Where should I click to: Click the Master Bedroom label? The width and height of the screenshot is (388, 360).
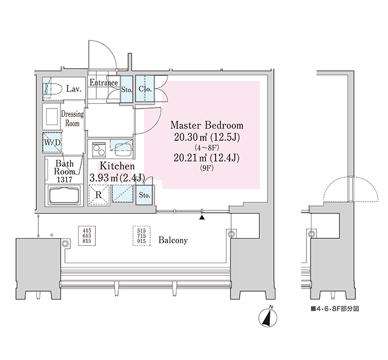point(207,125)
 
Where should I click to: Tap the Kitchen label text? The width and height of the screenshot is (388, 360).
point(117,166)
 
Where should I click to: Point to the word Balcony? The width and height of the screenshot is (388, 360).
point(173,240)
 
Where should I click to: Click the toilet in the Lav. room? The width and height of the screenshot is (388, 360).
point(52,89)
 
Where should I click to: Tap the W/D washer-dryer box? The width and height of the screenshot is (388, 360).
point(52,142)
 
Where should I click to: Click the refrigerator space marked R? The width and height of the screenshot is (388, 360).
point(99,195)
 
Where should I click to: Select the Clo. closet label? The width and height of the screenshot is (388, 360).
point(145,89)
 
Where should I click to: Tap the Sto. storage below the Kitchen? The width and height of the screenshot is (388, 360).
point(144,195)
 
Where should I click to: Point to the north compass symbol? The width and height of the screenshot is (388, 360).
point(268,317)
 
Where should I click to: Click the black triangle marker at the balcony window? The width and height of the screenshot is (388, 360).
point(202,217)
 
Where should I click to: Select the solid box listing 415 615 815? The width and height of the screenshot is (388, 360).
point(87,235)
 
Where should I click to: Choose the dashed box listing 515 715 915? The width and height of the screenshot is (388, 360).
point(141,236)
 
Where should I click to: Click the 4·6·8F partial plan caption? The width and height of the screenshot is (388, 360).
point(335,308)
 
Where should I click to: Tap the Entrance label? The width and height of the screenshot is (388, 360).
point(104,83)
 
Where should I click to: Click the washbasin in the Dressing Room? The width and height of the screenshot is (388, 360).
point(52,116)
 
